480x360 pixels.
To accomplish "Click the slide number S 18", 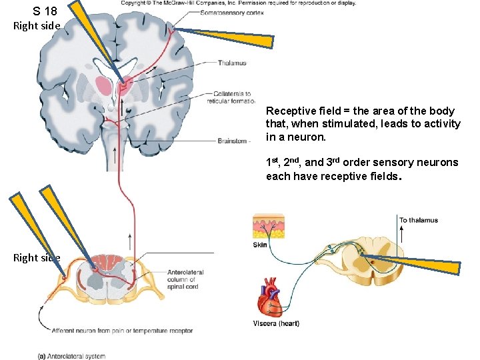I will tap(45, 11).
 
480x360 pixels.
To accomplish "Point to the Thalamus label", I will tap(232, 63).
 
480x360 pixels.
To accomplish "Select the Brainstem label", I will tap(233, 141).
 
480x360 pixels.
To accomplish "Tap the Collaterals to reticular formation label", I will tap(233, 97).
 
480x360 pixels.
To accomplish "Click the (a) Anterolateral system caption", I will tap(71, 356).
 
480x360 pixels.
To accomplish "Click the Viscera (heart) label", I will tap(276, 324).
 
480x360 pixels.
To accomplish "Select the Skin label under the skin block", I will tap(260, 245).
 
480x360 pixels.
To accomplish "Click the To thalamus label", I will tap(418, 220).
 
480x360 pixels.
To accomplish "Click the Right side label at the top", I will tap(37, 26).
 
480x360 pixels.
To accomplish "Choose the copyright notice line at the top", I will tap(238, 3).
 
